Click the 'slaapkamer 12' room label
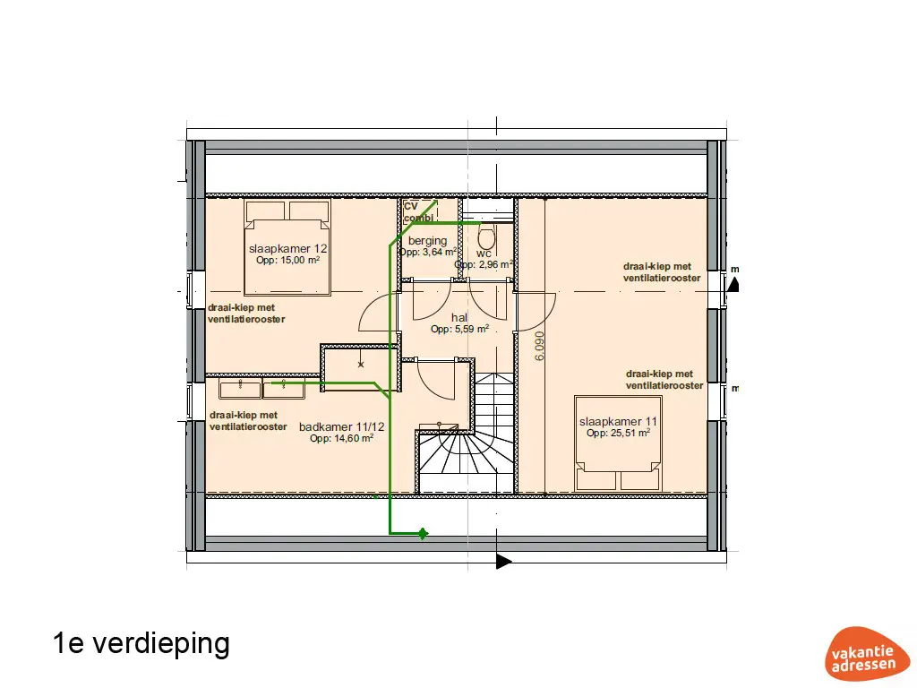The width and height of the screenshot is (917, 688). [288, 248]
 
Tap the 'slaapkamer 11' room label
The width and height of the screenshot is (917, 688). [619, 421]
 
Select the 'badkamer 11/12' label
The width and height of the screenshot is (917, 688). [341, 427]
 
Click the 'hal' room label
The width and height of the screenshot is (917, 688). [459, 317]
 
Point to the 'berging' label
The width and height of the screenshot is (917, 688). [427, 241]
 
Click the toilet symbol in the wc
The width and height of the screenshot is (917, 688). [487, 239]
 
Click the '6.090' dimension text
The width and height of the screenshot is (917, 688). [539, 346]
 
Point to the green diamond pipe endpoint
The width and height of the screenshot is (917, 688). [423, 534]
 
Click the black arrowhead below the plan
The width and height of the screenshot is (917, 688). [504, 562]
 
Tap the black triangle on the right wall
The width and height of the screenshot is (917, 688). [733, 285]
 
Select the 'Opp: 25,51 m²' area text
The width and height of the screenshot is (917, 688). [618, 433]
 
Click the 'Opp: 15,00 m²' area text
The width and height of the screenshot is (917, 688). [288, 260]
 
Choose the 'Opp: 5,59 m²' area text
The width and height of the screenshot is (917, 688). [459, 329]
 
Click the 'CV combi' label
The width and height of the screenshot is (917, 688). [413, 212]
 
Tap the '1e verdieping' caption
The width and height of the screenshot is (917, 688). [141, 643]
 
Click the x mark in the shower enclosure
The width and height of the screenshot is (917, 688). [361, 365]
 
